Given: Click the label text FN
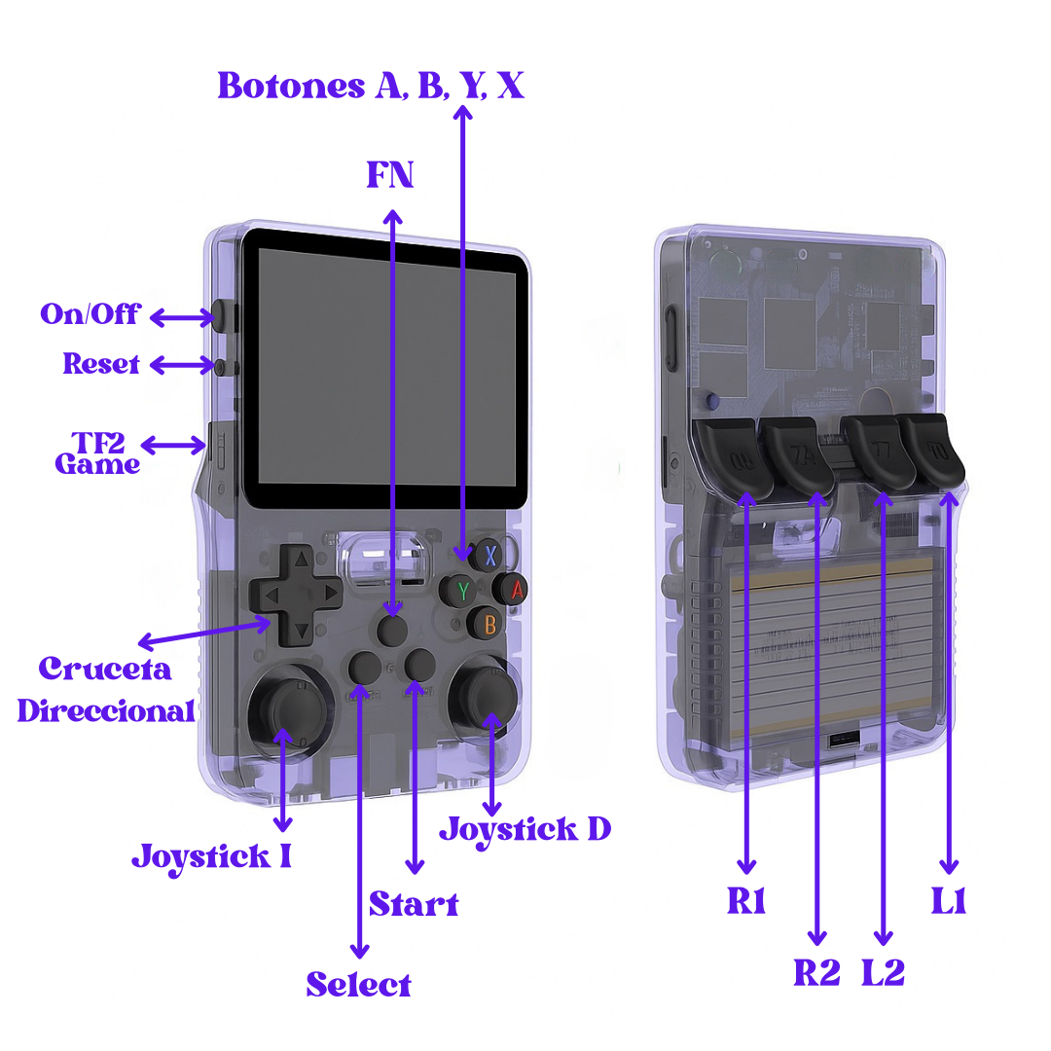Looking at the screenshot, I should pos(390,175).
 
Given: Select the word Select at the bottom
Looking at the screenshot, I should pos(358,984).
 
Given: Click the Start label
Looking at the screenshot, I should pos(413,904).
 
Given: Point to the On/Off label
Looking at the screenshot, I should pos(90,314).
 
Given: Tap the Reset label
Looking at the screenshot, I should pos(101,364).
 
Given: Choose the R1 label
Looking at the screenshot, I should pos(746,902).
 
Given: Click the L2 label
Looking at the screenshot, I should pos(883,972).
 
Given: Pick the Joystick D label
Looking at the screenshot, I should pos(525,829).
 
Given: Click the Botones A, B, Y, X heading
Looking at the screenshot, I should pos(371,86).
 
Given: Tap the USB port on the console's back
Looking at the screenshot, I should pos(843,742).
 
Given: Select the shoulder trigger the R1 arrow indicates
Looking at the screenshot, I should pos(732,455).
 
